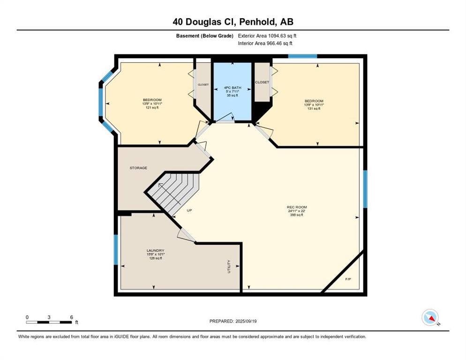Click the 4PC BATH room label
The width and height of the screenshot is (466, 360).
[233, 88]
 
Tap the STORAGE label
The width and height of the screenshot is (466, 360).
[138, 168]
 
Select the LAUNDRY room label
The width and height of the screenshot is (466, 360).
[155, 251]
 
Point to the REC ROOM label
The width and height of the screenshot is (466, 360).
[297, 207]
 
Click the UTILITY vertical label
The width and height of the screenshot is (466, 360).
[229, 266]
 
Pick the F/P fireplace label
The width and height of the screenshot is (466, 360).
[348, 279]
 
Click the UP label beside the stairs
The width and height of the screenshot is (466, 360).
[189, 210]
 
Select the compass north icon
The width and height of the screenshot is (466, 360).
[430, 317]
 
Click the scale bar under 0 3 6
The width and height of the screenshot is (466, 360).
[49, 322]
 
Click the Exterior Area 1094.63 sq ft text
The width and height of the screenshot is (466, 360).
[267, 36]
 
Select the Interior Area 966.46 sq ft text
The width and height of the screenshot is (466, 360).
[265, 44]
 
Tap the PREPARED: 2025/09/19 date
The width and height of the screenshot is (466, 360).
[233, 322]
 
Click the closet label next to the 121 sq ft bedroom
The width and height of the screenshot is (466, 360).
[203, 85]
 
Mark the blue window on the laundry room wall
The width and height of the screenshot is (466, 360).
[116, 250]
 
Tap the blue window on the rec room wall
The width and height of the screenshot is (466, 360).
[365, 189]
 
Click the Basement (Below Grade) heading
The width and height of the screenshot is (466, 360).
[205, 36]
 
